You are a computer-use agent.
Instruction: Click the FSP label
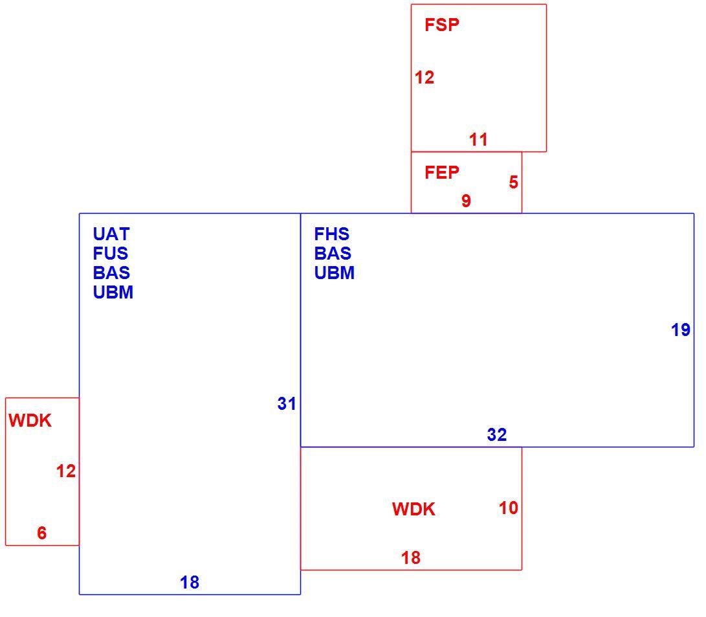[442, 25]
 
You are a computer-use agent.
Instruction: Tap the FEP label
[442, 172]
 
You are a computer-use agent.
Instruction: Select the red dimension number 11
[478, 140]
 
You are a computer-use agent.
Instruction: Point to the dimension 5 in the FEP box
[513, 183]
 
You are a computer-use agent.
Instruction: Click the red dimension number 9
[466, 201]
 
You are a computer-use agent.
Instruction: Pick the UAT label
[111, 234]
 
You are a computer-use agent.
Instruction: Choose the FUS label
[110, 254]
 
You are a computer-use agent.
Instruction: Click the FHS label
[331, 234]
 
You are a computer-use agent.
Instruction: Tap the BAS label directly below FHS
[333, 254]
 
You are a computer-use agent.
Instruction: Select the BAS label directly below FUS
[111, 273]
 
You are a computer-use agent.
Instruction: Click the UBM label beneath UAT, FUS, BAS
[113, 293]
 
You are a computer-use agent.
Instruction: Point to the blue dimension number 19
[680, 330]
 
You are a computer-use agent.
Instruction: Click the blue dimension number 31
[287, 404]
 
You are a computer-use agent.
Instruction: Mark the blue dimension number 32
[497, 434]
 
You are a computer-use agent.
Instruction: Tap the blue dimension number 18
[190, 583]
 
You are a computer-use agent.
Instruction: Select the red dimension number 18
[411, 558]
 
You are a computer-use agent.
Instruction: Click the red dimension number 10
[509, 508]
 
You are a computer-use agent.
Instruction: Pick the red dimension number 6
[42, 533]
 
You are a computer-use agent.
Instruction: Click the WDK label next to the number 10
[414, 510]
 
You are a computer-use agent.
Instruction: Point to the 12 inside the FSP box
[424, 78]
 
